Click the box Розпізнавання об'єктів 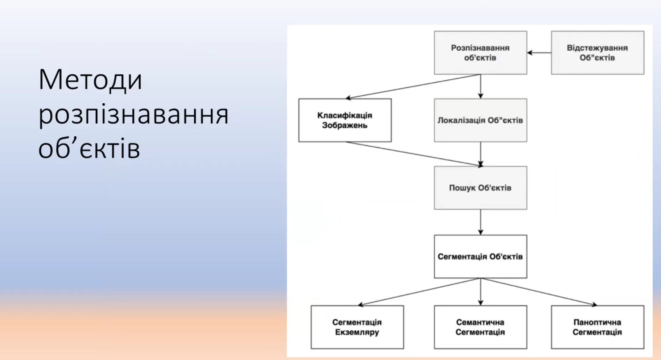[x=480, y=53]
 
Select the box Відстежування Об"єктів [x=597, y=53]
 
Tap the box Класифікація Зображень [x=345, y=120]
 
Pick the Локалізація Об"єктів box [x=480, y=120]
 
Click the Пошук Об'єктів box [x=480, y=188]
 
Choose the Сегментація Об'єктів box [x=480, y=257]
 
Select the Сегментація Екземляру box [x=357, y=327]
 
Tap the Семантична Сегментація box [x=480, y=327]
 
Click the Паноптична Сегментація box [x=597, y=327]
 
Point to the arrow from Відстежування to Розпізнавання [x=539, y=53]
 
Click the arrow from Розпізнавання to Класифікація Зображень [x=413, y=87]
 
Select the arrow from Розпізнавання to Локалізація [x=481, y=86]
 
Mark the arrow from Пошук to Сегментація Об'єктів [x=481, y=222]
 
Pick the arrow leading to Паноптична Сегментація [x=539, y=292]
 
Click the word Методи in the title [x=90, y=80]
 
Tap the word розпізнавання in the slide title [x=133, y=115]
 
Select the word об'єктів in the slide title [x=89, y=149]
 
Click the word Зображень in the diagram [x=345, y=125]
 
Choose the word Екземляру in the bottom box [x=357, y=332]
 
